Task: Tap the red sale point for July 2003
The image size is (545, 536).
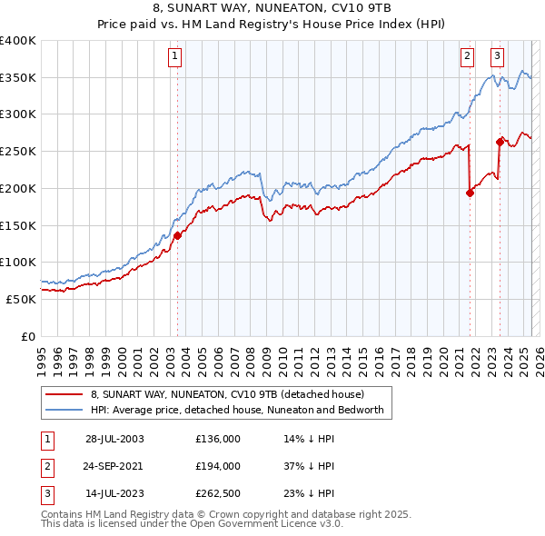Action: (177, 235)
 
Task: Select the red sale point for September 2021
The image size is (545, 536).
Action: (470, 193)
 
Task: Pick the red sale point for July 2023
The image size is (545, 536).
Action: (500, 141)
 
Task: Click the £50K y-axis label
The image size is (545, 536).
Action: (22, 298)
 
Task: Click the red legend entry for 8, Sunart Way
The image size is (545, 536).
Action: (227, 395)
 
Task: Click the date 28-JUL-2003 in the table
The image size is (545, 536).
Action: (114, 438)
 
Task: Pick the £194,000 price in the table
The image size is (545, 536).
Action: (218, 466)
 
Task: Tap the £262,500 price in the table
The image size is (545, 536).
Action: (218, 494)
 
